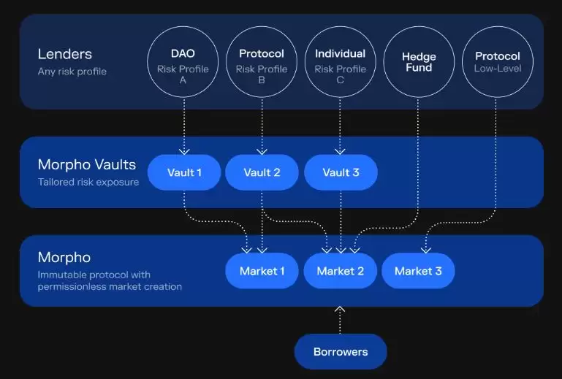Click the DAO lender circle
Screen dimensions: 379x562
(183, 62)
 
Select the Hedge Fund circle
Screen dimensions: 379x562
(418, 62)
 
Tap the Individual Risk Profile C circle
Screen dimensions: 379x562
(340, 62)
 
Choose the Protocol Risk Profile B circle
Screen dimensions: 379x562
(261, 62)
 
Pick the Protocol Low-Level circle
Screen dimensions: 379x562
(497, 62)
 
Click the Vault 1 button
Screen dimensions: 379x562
(184, 172)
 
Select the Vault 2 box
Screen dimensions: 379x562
(262, 172)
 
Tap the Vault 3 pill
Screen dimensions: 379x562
(341, 172)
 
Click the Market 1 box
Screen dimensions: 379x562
(262, 271)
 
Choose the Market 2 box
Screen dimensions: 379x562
(340, 271)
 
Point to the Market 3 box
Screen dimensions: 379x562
(418, 271)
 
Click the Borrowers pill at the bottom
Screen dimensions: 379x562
(340, 352)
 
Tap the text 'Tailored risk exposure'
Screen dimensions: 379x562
(88, 182)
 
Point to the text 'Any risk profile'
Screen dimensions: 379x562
(72, 72)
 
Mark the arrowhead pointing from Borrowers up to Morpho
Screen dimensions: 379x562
(340, 310)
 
